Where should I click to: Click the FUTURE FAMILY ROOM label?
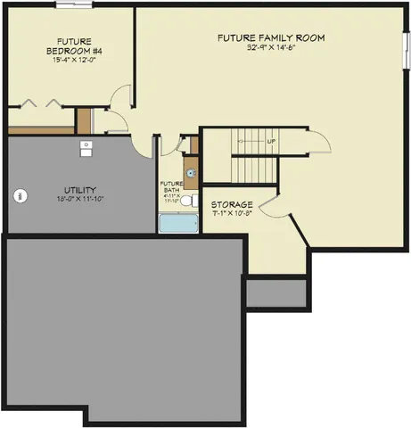coord(271,37)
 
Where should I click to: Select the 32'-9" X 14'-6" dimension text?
coord(271,48)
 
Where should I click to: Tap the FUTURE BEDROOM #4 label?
coord(72,47)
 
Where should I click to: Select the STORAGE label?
coord(232,204)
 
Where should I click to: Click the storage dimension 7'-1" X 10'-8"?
coord(232,214)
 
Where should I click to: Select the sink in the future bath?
coord(190,173)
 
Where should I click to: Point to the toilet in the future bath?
coord(188,202)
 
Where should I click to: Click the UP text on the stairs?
coord(270,142)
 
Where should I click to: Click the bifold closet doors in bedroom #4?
coord(41,103)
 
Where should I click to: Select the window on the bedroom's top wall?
coord(68,4)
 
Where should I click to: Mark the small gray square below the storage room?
coord(276,292)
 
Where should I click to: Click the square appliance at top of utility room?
coord(86,147)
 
